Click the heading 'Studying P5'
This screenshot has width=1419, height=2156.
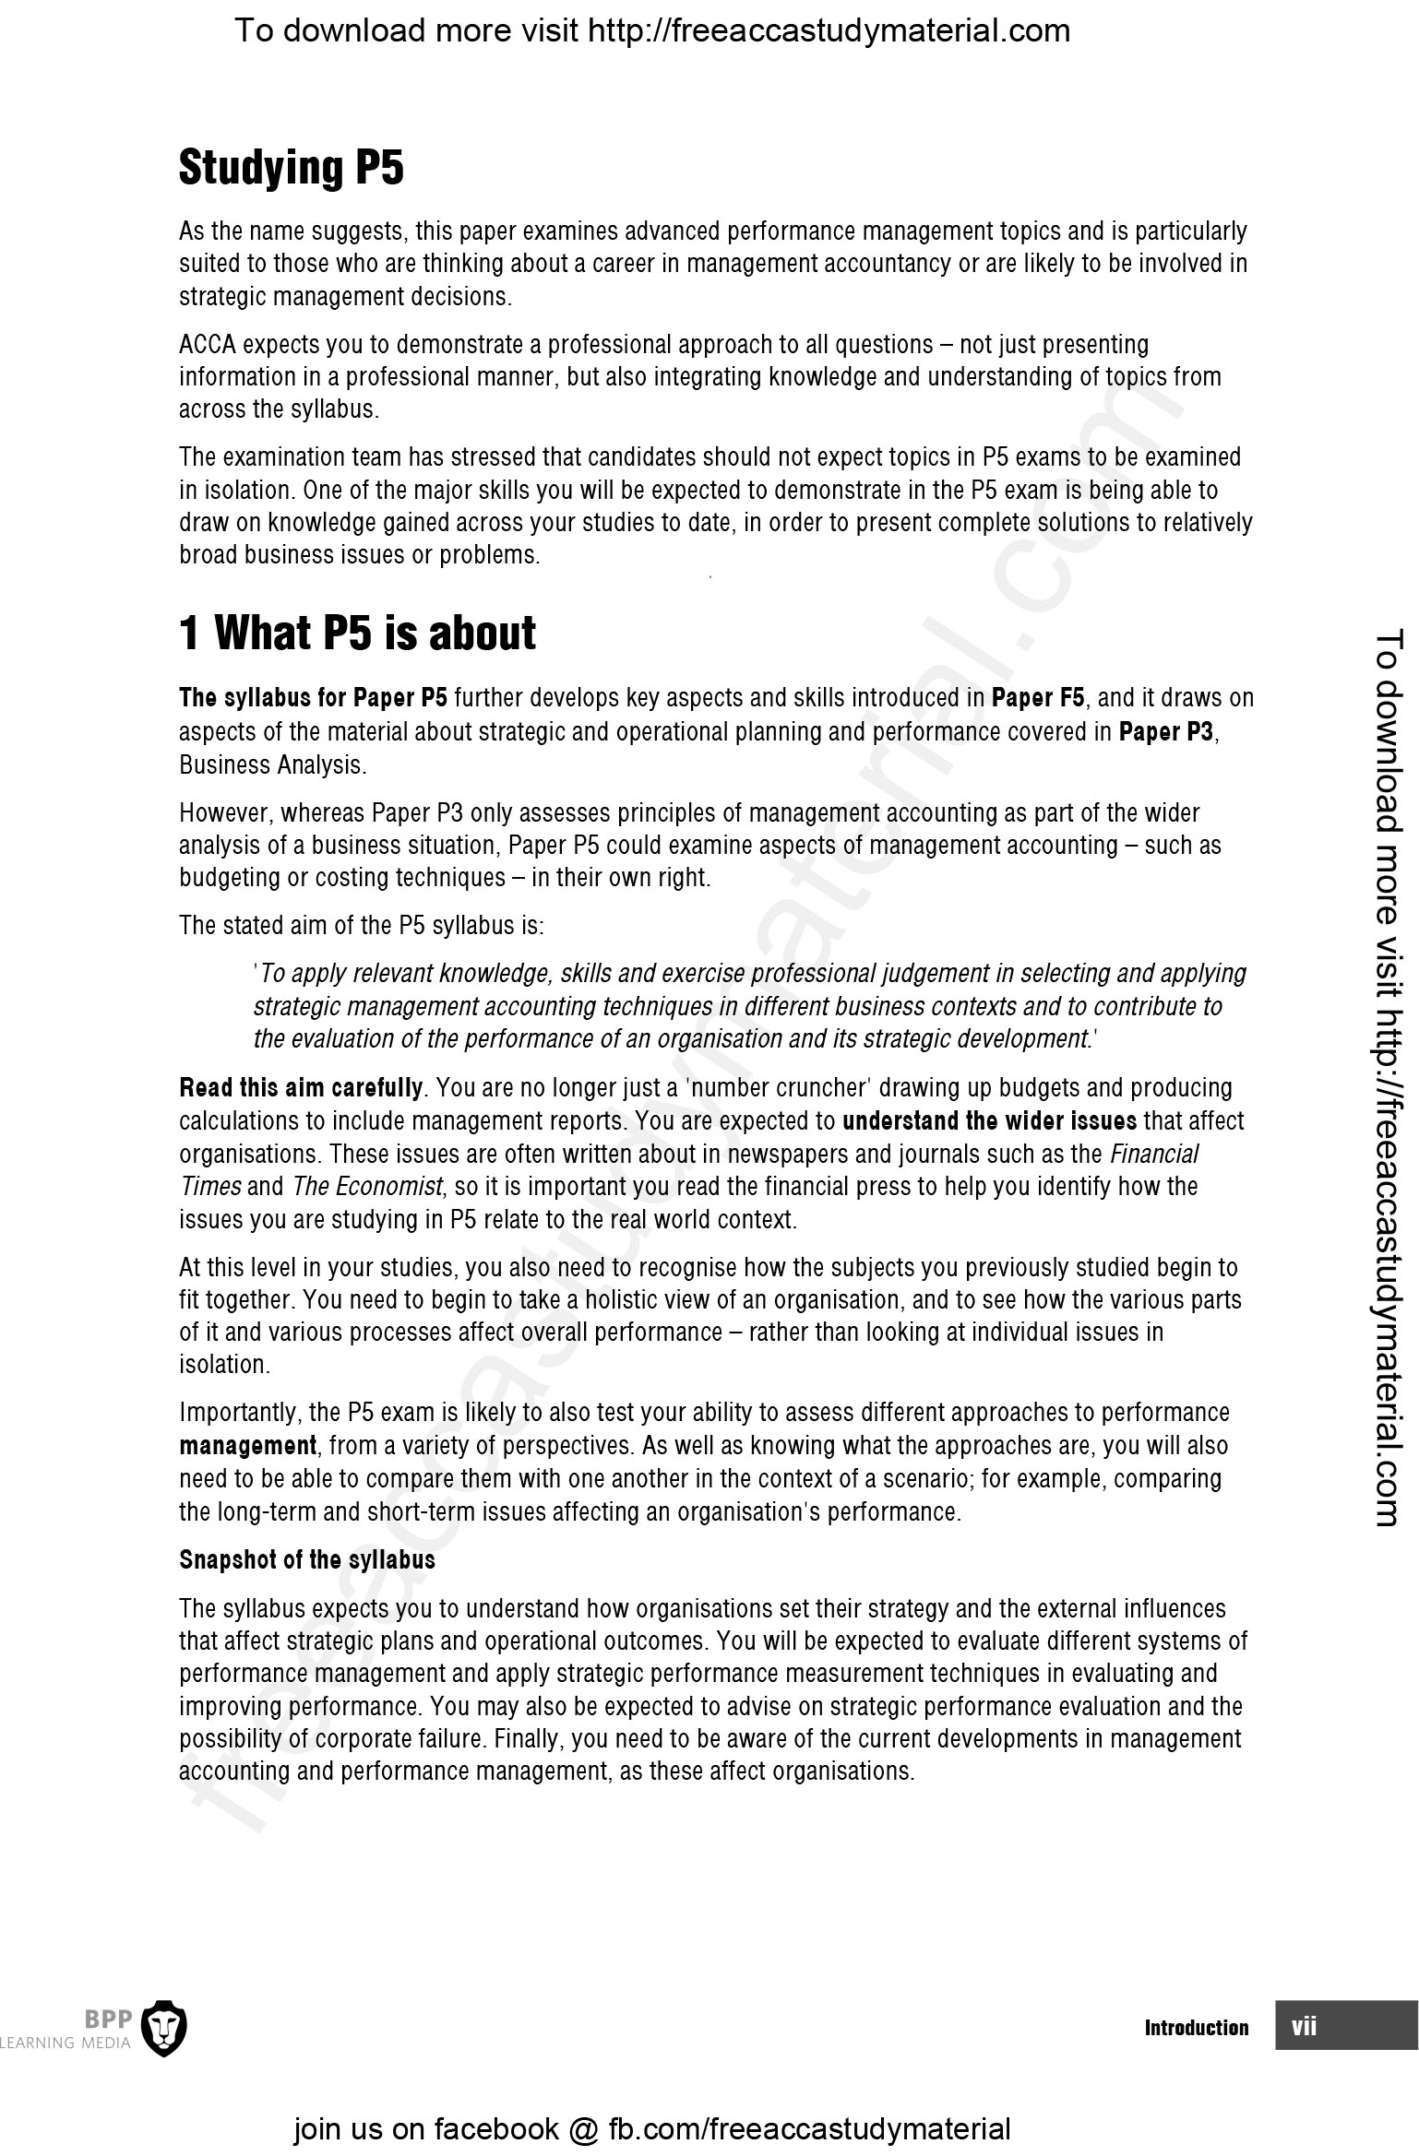click(x=291, y=169)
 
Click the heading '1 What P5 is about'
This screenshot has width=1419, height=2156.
click(x=357, y=634)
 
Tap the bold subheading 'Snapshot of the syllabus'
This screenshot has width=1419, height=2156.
click(x=306, y=1559)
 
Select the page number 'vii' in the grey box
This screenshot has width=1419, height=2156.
click(x=1304, y=2026)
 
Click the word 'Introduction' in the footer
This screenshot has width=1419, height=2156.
click(x=1196, y=2027)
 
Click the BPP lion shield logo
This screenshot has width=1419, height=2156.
click(x=168, y=2027)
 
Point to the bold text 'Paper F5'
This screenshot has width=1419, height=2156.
click(x=1038, y=698)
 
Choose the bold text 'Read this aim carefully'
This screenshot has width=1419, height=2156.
click(x=301, y=1088)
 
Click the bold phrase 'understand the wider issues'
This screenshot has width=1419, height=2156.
click(x=990, y=1121)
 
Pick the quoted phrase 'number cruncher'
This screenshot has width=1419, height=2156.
click(x=781, y=1088)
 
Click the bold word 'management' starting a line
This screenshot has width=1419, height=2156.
click(x=247, y=1445)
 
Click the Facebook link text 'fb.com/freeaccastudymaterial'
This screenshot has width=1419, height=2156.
click(x=809, y=2128)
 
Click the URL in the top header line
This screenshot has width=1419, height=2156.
click(x=829, y=31)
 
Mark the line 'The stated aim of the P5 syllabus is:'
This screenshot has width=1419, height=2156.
click(x=361, y=925)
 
